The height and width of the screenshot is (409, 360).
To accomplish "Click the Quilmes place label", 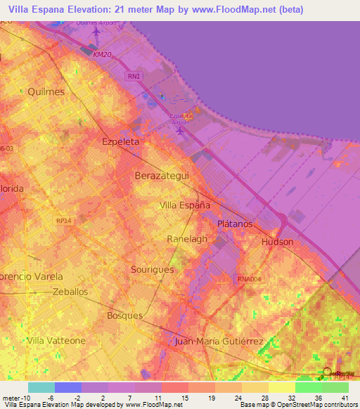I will [x=46, y=91].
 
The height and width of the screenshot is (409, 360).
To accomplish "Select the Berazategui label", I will [x=162, y=175].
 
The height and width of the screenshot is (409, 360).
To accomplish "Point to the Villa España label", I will [x=186, y=205].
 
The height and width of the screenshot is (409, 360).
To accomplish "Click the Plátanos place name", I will [x=235, y=223].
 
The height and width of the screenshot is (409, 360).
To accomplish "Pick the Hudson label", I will [x=277, y=242].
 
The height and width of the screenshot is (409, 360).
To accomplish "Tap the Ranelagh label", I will [x=187, y=239].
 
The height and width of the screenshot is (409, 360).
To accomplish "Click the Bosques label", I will [x=124, y=316].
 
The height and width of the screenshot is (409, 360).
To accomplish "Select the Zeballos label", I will [x=70, y=290].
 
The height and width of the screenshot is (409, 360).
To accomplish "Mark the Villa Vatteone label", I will [x=56, y=340].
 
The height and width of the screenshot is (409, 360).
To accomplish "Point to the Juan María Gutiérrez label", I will [x=219, y=342].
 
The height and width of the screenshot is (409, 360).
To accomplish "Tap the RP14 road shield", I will [x=64, y=220].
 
